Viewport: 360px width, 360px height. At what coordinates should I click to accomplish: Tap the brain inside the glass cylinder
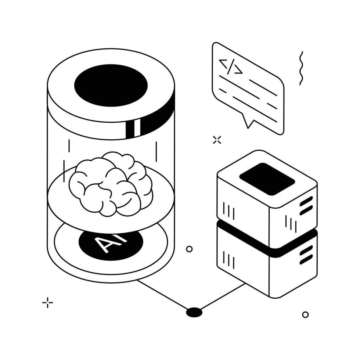point(111,184)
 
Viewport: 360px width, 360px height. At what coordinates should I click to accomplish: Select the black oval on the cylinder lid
point(111,85)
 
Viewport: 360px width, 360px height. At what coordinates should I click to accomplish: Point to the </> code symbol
point(231,67)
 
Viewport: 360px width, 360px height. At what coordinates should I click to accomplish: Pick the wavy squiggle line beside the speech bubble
point(301,68)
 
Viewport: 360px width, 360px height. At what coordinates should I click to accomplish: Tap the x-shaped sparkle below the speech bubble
point(217,140)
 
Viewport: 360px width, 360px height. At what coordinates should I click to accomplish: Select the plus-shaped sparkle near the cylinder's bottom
point(47,303)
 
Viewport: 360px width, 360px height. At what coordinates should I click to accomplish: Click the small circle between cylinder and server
point(189,249)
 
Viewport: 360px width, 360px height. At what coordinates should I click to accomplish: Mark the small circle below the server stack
point(305,314)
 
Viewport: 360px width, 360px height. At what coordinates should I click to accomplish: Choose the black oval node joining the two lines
point(194,312)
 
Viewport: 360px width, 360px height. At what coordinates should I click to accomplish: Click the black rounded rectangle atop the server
point(267,179)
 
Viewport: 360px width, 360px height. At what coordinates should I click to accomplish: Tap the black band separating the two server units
point(267,239)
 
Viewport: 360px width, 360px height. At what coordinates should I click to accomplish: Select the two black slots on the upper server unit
point(306,206)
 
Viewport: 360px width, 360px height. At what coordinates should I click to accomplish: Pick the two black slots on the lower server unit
point(306,255)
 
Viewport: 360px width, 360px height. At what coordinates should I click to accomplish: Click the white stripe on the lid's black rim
point(137,128)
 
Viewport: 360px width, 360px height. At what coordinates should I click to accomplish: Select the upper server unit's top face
point(267,179)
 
